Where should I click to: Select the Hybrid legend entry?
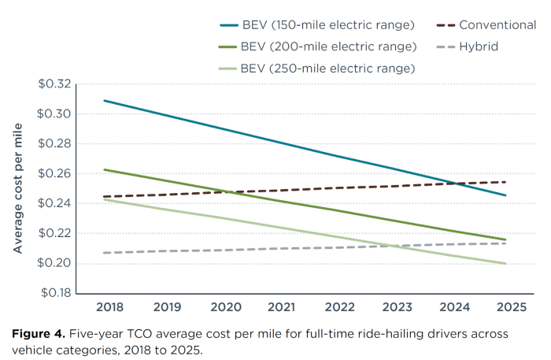481,46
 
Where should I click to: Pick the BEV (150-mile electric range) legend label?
328,24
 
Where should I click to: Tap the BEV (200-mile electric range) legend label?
328,46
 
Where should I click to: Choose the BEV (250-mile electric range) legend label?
328,69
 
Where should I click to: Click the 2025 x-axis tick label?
506,305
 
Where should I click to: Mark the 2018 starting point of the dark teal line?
104,100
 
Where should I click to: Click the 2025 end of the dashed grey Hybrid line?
505,243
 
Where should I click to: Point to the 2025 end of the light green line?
505,264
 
